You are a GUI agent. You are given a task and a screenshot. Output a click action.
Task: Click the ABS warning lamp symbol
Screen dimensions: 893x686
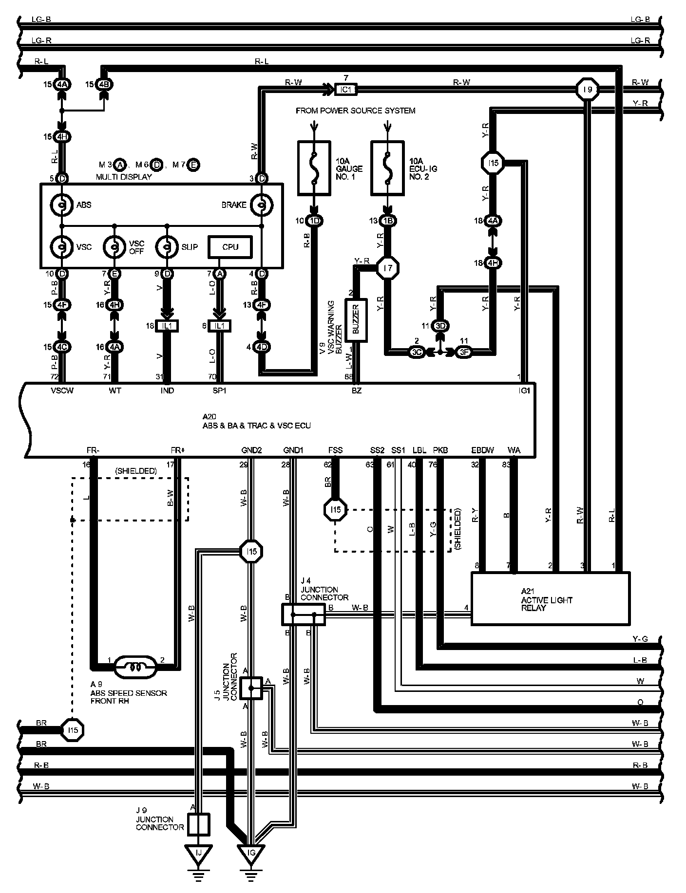(x=62, y=205)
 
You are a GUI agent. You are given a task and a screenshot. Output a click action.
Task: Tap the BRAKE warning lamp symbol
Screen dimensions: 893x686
(x=261, y=205)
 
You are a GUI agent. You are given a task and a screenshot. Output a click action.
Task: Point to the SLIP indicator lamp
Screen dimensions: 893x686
(x=167, y=247)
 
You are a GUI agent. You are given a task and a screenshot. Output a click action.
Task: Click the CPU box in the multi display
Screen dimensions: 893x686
(x=230, y=247)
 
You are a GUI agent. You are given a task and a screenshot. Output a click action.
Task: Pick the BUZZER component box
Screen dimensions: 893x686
(x=356, y=320)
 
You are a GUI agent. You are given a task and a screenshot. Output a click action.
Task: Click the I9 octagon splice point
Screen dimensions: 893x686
(x=588, y=90)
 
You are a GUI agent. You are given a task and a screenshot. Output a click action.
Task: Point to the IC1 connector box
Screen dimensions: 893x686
(x=346, y=89)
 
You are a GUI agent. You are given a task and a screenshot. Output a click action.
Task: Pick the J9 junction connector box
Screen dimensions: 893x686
(x=199, y=824)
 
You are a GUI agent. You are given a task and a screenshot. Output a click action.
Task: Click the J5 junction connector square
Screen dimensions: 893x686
(x=251, y=688)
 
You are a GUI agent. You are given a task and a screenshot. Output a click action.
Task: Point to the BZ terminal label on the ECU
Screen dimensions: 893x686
(x=357, y=391)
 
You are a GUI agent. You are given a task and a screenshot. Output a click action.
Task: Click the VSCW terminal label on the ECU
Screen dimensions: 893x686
(x=62, y=391)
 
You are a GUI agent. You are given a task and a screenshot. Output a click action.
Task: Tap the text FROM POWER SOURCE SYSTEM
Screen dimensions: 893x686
(x=356, y=111)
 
